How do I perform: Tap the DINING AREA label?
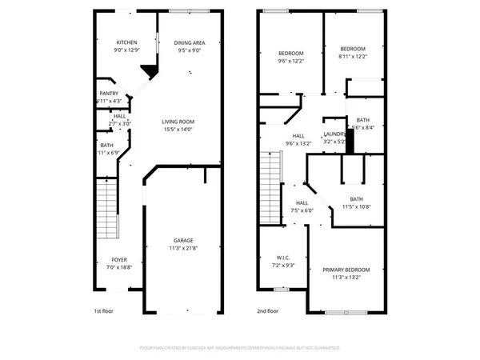pyautogui.click(x=190, y=43)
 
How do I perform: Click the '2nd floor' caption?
pyautogui.click(x=268, y=310)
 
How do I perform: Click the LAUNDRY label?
pyautogui.click(x=334, y=134)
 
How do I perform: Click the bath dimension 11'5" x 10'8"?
pyautogui.click(x=357, y=206)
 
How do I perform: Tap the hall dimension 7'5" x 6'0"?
pyautogui.click(x=302, y=211)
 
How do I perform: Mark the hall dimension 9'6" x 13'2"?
pyautogui.click(x=298, y=144)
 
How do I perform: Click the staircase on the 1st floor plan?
pyautogui.click(x=106, y=208)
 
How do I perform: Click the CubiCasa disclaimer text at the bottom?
pyautogui.click(x=240, y=348)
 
